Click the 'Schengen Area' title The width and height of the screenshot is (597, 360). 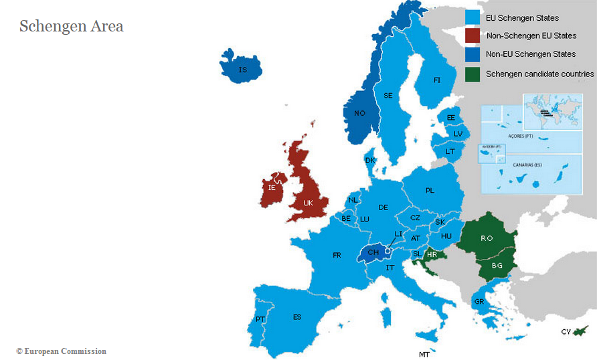pos(71,27)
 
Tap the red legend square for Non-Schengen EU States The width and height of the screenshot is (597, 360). pos(473,35)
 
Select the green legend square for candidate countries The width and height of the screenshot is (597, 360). pos(473,74)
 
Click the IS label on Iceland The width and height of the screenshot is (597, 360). pos(243,70)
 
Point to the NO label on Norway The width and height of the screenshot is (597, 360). pos(360,113)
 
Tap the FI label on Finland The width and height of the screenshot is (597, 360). pos(437,80)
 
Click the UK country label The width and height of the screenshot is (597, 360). pos(308,203)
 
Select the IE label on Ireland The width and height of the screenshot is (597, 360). pos(272,188)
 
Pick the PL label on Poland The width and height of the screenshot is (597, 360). pos(430,191)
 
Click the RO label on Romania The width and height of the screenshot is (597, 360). pos(487,238)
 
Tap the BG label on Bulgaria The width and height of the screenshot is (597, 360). pos(497,266)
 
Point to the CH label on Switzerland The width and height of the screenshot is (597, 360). pos(373,252)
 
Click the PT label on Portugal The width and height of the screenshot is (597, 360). pos(260,320)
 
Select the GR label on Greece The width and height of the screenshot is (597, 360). pos(479,302)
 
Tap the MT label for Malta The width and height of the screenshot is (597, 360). pos(424,354)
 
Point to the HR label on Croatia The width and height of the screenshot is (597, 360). pos(432,255)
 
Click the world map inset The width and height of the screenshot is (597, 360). pos(553,109)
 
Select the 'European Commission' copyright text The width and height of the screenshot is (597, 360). pos(61,351)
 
